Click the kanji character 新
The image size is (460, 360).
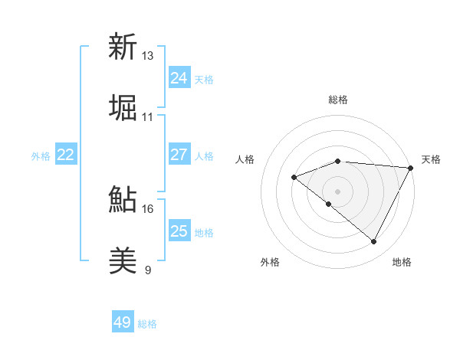pyautogui.click(x=123, y=47)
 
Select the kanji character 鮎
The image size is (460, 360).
pyautogui.click(x=123, y=200)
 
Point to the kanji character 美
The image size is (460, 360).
pyautogui.click(x=123, y=261)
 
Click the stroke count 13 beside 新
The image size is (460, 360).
pyautogui.click(x=148, y=56)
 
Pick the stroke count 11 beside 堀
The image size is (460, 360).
pyautogui.click(x=148, y=117)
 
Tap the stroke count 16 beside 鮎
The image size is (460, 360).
pyautogui.click(x=148, y=208)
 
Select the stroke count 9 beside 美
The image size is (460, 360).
pyautogui.click(x=148, y=270)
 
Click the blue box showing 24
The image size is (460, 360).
pyautogui.click(x=179, y=78)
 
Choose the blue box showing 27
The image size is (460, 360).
pyautogui.click(x=179, y=155)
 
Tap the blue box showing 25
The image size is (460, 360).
pyautogui.click(x=179, y=231)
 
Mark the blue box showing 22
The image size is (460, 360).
pyautogui.click(x=66, y=155)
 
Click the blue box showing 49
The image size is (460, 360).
pyautogui.click(x=123, y=322)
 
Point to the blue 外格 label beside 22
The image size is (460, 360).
pyautogui.click(x=41, y=156)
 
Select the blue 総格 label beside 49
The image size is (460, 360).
pyautogui.click(x=147, y=324)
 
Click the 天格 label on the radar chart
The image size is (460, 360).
pyautogui.click(x=431, y=159)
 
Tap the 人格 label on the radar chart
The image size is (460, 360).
pyautogui.click(x=245, y=159)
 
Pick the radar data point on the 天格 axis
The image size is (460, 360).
pyautogui.click(x=410, y=168)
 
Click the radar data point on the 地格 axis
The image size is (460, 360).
pyautogui.click(x=373, y=242)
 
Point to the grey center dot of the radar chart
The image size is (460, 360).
pyautogui.click(x=337, y=191)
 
